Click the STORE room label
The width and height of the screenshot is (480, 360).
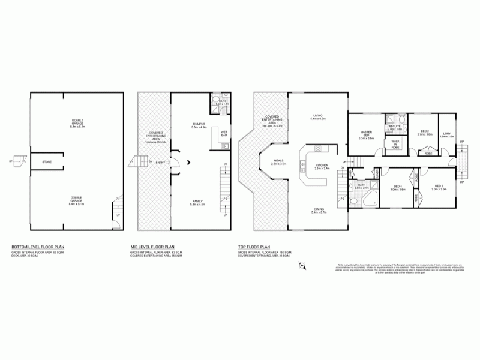pos(46,162)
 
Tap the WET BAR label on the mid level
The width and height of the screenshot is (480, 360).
pos(224,133)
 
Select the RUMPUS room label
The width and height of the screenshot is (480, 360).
pos(199,124)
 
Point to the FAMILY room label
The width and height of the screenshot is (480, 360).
pos(197,202)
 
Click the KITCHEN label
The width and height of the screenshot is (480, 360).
pos(322,166)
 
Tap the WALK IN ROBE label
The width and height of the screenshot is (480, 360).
pos(395,145)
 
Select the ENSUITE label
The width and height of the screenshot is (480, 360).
pos(394,127)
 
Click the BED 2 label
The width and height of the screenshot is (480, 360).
pos(425,133)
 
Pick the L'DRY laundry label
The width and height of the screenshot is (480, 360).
pos(446,134)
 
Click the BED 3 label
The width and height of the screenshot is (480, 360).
pos(439,187)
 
